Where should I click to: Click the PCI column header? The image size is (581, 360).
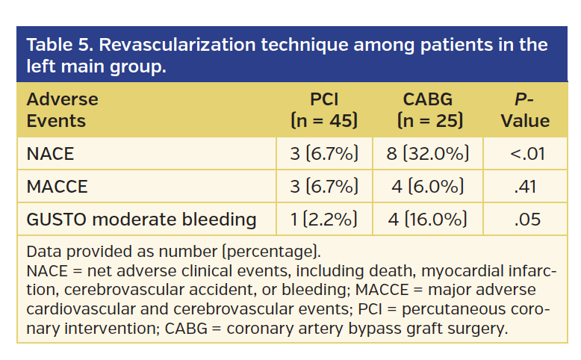point(324,110)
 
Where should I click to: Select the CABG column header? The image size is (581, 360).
point(429,110)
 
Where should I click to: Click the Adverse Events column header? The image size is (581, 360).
point(63,110)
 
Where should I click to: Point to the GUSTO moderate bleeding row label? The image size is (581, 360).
point(141,220)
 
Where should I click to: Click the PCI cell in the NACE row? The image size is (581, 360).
point(324,155)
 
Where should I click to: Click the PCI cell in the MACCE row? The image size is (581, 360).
point(324,187)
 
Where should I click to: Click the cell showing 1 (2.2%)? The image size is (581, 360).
point(324,220)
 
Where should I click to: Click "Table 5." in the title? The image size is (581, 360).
point(59,45)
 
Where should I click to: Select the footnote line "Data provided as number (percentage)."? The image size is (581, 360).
point(173,251)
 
